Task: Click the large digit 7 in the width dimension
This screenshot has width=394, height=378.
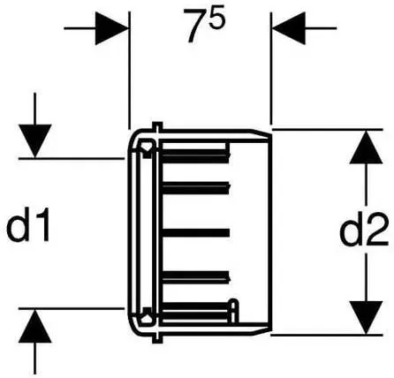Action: (x=196, y=26)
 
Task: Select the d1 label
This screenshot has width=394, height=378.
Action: (x=28, y=224)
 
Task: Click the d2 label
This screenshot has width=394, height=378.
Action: (x=364, y=231)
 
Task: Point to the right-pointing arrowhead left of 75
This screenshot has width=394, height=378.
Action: (x=112, y=28)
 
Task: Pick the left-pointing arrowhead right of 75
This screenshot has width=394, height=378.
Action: (x=289, y=28)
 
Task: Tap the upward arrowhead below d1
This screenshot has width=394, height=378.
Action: (x=35, y=326)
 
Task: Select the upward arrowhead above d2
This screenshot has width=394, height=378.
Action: (x=366, y=147)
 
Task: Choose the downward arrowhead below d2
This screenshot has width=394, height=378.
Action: (x=366, y=318)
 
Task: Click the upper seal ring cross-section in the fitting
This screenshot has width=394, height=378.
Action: (x=147, y=146)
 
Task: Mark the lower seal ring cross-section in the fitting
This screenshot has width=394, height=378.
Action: (x=147, y=317)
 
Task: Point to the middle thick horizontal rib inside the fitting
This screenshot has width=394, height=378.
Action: (x=196, y=232)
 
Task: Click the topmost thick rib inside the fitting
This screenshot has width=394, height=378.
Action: (x=196, y=156)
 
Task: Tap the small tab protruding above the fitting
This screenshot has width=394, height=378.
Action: (x=157, y=126)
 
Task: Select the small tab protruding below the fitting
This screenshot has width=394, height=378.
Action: (x=157, y=338)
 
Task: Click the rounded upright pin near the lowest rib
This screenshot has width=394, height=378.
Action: (x=233, y=311)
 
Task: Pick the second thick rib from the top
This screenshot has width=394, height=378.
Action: (x=196, y=188)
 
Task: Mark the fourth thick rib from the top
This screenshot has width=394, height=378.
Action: (x=196, y=277)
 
